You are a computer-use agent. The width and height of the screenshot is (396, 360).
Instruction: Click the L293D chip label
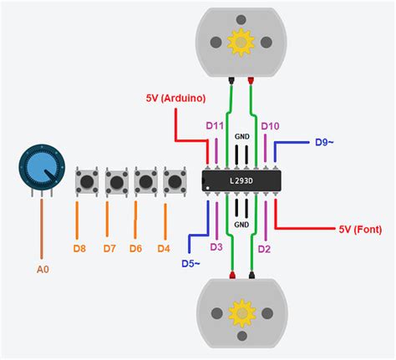coord(241,180)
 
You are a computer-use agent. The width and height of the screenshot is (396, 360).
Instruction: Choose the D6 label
coord(136,248)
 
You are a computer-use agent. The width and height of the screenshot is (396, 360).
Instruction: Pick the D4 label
coord(165,248)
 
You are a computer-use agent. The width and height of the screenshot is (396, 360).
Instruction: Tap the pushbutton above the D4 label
coord(174,181)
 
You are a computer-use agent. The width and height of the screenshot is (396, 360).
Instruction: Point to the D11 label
coord(215,125)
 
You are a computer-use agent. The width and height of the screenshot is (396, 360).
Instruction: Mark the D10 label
coord(270,125)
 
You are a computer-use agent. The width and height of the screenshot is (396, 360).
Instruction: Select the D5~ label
coord(193,264)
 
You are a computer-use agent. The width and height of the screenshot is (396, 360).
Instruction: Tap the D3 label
coord(216,247)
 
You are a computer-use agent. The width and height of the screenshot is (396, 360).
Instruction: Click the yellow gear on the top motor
coord(240,40)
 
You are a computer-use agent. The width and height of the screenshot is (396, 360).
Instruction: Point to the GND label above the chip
coord(241,135)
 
